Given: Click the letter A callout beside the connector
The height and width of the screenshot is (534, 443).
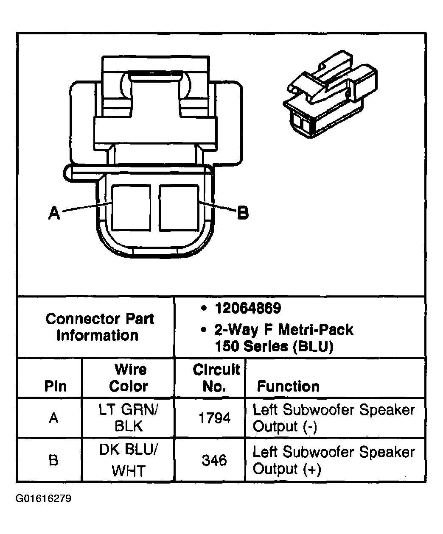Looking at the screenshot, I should (x=54, y=213).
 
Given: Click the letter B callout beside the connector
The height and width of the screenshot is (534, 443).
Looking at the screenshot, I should (x=242, y=212).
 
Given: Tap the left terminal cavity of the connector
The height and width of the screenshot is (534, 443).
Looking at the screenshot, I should (x=132, y=208).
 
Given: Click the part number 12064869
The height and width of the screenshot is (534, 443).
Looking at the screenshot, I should (x=248, y=309).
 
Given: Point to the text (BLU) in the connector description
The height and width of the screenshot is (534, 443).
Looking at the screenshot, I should (x=313, y=346).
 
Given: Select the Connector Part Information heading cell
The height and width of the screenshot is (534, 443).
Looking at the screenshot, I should (x=99, y=327).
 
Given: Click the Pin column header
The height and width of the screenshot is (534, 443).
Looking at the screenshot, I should (x=55, y=386).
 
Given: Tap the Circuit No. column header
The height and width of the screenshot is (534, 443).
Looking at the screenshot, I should (x=216, y=378).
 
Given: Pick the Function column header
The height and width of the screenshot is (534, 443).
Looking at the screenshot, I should (x=288, y=386).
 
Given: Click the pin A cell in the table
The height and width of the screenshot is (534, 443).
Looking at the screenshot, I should (x=53, y=418).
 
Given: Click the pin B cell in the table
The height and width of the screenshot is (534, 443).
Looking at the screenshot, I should (x=53, y=460).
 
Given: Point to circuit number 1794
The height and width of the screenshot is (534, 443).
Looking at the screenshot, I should (x=215, y=418).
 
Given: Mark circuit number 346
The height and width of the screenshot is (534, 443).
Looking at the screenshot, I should (x=214, y=460).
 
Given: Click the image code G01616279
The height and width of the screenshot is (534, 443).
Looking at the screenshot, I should (x=43, y=498).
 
